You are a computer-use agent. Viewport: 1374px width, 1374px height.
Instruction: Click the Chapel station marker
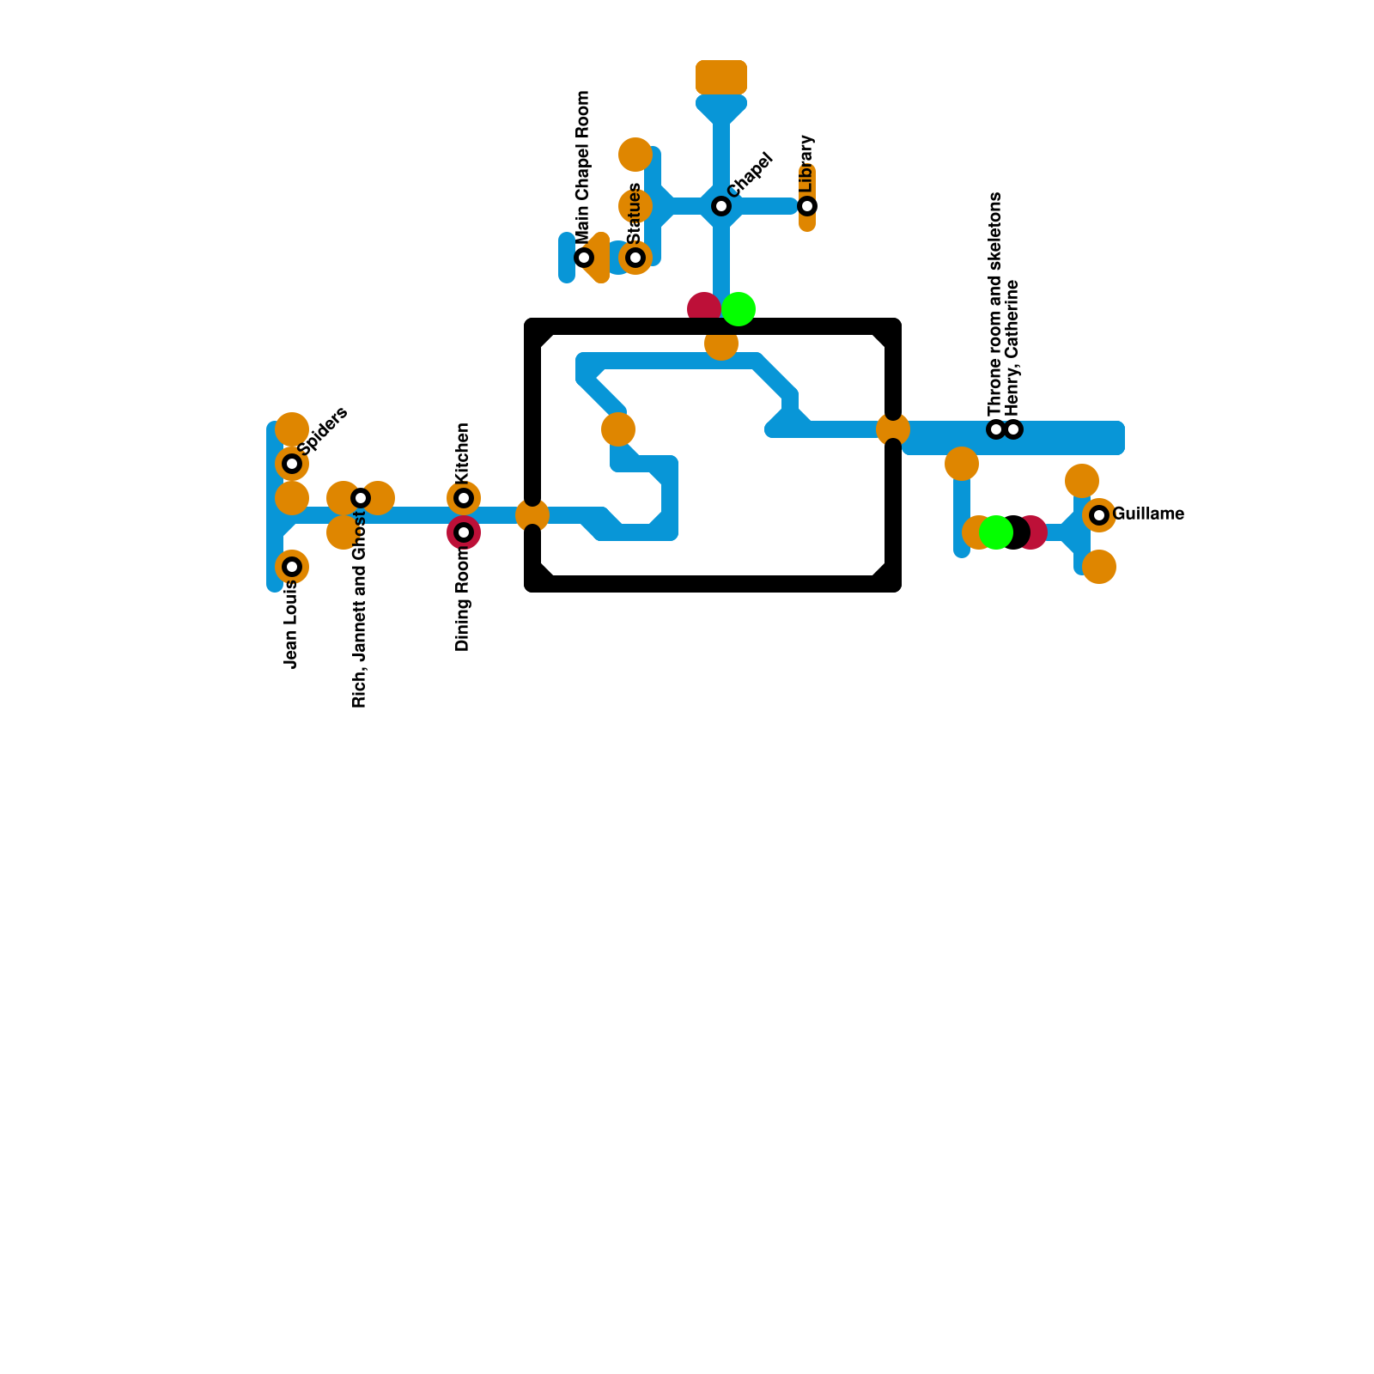(x=721, y=206)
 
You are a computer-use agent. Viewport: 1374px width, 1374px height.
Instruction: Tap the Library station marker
(x=807, y=206)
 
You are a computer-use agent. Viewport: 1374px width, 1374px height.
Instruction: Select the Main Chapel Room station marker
(x=584, y=258)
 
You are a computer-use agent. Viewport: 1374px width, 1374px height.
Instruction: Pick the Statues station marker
(x=635, y=258)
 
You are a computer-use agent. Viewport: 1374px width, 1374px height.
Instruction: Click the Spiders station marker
(x=292, y=464)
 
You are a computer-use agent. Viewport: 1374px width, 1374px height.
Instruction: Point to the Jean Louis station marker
(x=292, y=567)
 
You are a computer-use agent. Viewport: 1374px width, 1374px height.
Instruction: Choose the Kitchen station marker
(x=464, y=498)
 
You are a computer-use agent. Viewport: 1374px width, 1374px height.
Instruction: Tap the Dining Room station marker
(x=464, y=532)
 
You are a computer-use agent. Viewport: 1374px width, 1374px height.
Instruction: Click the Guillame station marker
(x=1099, y=515)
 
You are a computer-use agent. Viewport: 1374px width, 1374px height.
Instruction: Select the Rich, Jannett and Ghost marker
(x=361, y=498)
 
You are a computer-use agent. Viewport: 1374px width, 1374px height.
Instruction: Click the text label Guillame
(x=1148, y=514)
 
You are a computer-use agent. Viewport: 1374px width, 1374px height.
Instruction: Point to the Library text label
(x=806, y=163)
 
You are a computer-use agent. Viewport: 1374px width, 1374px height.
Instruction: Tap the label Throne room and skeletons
(x=995, y=304)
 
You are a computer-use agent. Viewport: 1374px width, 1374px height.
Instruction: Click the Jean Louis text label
(x=291, y=624)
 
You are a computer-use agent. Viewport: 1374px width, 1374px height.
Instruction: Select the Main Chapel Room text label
(x=583, y=168)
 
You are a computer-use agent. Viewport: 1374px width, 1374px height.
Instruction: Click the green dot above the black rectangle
(x=739, y=309)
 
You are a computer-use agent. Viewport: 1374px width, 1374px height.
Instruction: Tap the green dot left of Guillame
(x=995, y=532)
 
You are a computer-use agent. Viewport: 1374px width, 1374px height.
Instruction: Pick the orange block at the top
(x=721, y=77)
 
